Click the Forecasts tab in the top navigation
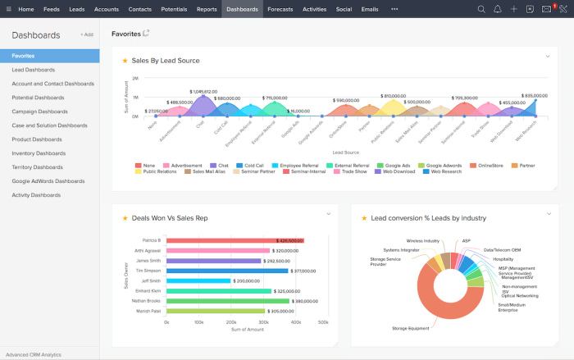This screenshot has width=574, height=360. click(x=280, y=9)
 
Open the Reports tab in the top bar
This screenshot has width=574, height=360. click(x=207, y=9)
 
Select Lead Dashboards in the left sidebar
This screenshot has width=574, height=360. click(x=34, y=70)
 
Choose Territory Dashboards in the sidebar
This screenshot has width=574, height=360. click(x=39, y=166)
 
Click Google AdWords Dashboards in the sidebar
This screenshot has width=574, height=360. click(x=48, y=180)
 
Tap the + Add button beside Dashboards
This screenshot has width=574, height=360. click(x=86, y=35)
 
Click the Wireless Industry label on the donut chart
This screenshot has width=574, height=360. click(x=423, y=241)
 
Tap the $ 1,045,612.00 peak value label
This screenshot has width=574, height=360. click(x=203, y=91)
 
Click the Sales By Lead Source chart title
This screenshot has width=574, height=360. click(x=166, y=61)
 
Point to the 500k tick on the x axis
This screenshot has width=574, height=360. click(x=323, y=322)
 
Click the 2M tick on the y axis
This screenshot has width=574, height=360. click(x=134, y=79)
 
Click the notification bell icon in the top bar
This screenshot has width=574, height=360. click(x=497, y=9)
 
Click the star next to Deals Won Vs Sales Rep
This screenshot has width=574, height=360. click(x=125, y=218)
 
